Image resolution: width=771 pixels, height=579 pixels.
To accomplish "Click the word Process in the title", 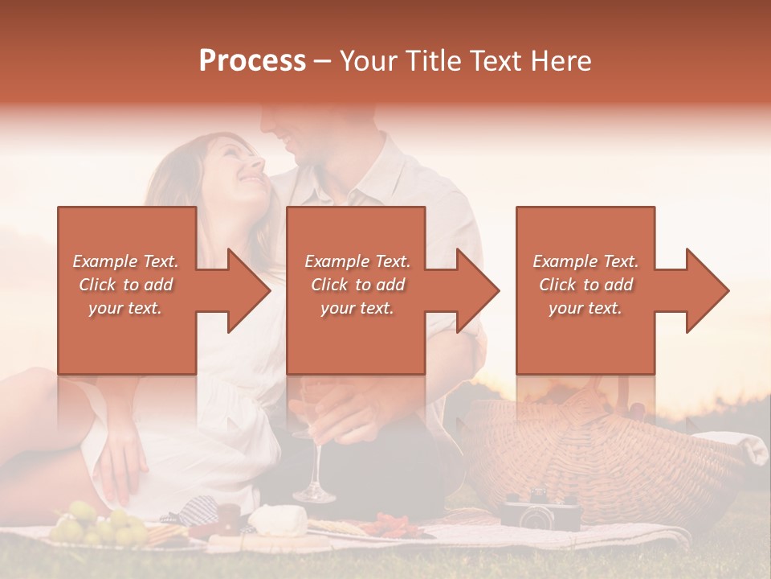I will pyautogui.click(x=252, y=61).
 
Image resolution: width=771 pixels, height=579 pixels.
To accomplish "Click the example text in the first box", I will pyautogui.click(x=125, y=285).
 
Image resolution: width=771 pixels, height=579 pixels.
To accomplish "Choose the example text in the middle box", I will pyautogui.click(x=357, y=285).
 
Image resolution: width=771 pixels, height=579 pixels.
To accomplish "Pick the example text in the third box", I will pyautogui.click(x=585, y=285).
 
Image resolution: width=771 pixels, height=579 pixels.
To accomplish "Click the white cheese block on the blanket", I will pyautogui.click(x=277, y=520).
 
